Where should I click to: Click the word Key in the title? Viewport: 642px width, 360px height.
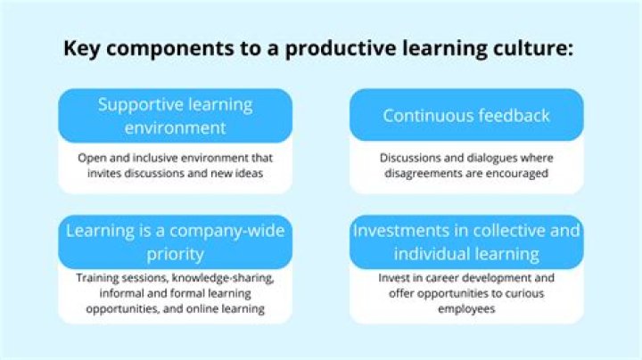[x=82, y=49]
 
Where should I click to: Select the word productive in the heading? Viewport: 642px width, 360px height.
[x=341, y=49]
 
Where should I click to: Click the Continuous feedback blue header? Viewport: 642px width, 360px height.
[x=466, y=115]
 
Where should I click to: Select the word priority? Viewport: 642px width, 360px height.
[x=176, y=255]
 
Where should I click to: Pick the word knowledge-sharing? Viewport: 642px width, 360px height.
[x=223, y=278]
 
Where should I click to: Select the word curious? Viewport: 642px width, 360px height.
[x=525, y=293]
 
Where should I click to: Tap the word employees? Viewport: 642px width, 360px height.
[x=466, y=309]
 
